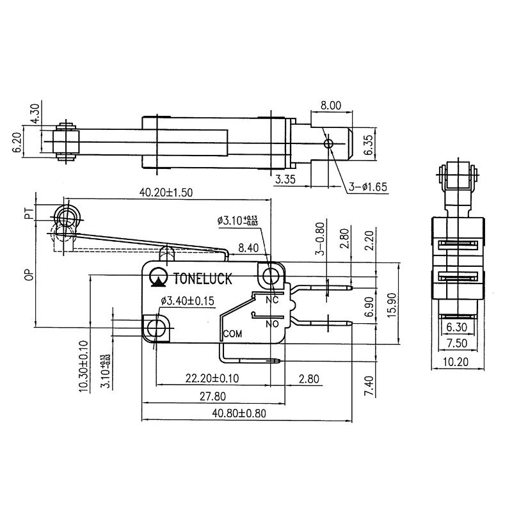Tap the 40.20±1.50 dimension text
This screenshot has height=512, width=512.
(x=165, y=191)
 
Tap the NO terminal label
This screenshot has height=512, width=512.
(x=271, y=324)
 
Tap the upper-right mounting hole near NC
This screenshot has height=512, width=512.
(x=271, y=276)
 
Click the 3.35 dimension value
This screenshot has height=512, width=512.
(x=285, y=181)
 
